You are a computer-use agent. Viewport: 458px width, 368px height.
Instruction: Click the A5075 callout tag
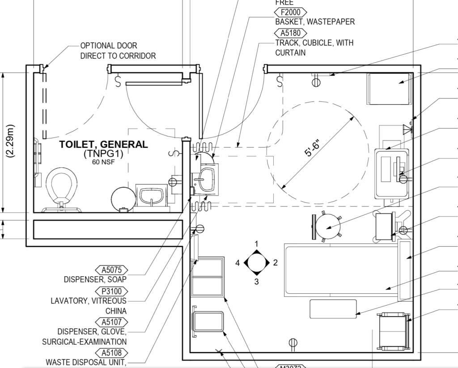point(111,270)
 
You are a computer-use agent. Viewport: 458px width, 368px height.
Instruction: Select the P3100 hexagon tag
point(111,291)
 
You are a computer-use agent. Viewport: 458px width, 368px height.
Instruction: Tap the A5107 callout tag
point(111,322)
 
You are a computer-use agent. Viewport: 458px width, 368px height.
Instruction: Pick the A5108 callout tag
point(111,353)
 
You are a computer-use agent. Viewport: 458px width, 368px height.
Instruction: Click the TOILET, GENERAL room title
point(104,145)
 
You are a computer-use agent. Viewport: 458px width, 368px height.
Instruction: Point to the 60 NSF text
point(103,162)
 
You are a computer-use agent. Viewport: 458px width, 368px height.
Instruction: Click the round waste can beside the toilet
point(123,197)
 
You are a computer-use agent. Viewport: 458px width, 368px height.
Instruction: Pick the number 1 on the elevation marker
point(256,244)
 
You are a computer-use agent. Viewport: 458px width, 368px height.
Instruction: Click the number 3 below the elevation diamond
point(256,282)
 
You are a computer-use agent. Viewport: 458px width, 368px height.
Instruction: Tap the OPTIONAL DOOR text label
point(109,46)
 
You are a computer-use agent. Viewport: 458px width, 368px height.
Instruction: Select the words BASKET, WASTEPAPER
point(315,22)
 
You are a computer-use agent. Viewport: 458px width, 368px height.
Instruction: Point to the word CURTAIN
point(290,53)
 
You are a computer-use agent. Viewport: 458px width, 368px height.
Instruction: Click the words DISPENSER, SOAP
point(95,280)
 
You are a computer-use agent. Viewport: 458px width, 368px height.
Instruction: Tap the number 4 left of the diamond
point(238,263)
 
